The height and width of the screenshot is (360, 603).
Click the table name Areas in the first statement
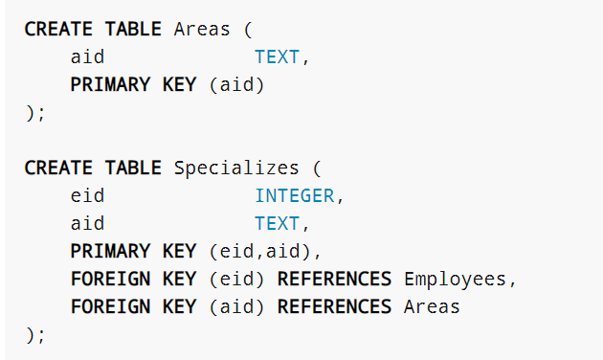pyautogui.click(x=202, y=29)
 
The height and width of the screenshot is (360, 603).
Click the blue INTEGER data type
pyautogui.click(x=294, y=196)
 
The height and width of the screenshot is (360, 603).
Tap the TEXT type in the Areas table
pyautogui.click(x=277, y=57)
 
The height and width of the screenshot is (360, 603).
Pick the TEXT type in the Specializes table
pyautogui.click(x=277, y=224)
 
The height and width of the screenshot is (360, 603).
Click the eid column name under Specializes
pyautogui.click(x=87, y=196)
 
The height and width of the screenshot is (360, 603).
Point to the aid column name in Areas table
pyautogui.click(x=87, y=57)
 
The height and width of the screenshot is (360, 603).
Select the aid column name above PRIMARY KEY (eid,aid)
pyautogui.click(x=87, y=224)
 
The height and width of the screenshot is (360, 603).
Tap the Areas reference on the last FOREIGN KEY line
pyautogui.click(x=433, y=307)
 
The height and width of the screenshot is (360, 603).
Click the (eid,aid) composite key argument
pyautogui.click(x=260, y=252)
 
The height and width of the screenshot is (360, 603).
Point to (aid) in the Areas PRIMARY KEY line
pyautogui.click(x=236, y=85)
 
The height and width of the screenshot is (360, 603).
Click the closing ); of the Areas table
pyautogui.click(x=34, y=113)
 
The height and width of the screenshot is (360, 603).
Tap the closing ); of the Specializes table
pyautogui.click(x=34, y=335)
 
